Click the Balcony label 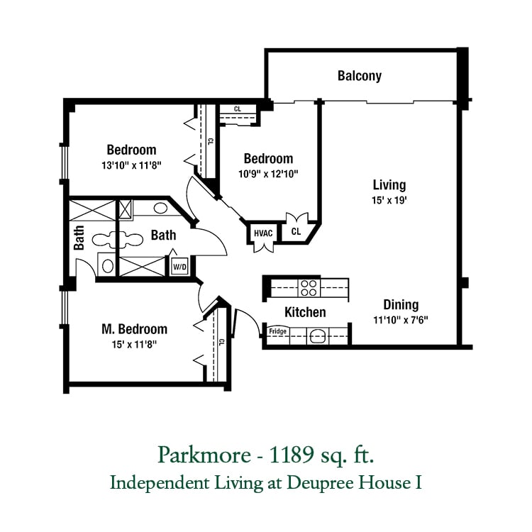[x=360, y=76]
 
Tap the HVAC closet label [x=263, y=233]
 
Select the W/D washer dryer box [x=179, y=267]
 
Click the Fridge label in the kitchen [x=277, y=331]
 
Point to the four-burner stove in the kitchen [x=309, y=288]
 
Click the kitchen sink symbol [x=318, y=336]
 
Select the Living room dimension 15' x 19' [x=389, y=200]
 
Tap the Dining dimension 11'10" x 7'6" [x=401, y=320]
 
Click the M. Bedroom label [x=134, y=328]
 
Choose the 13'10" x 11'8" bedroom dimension [x=131, y=165]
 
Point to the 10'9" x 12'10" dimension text [x=268, y=174]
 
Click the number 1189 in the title [x=291, y=455]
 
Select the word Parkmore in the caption [x=204, y=455]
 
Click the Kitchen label [x=305, y=312]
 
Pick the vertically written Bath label [x=79, y=238]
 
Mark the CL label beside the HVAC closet [x=296, y=231]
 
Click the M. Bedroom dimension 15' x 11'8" [x=134, y=344]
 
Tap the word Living [x=389, y=185]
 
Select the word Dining [x=401, y=305]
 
